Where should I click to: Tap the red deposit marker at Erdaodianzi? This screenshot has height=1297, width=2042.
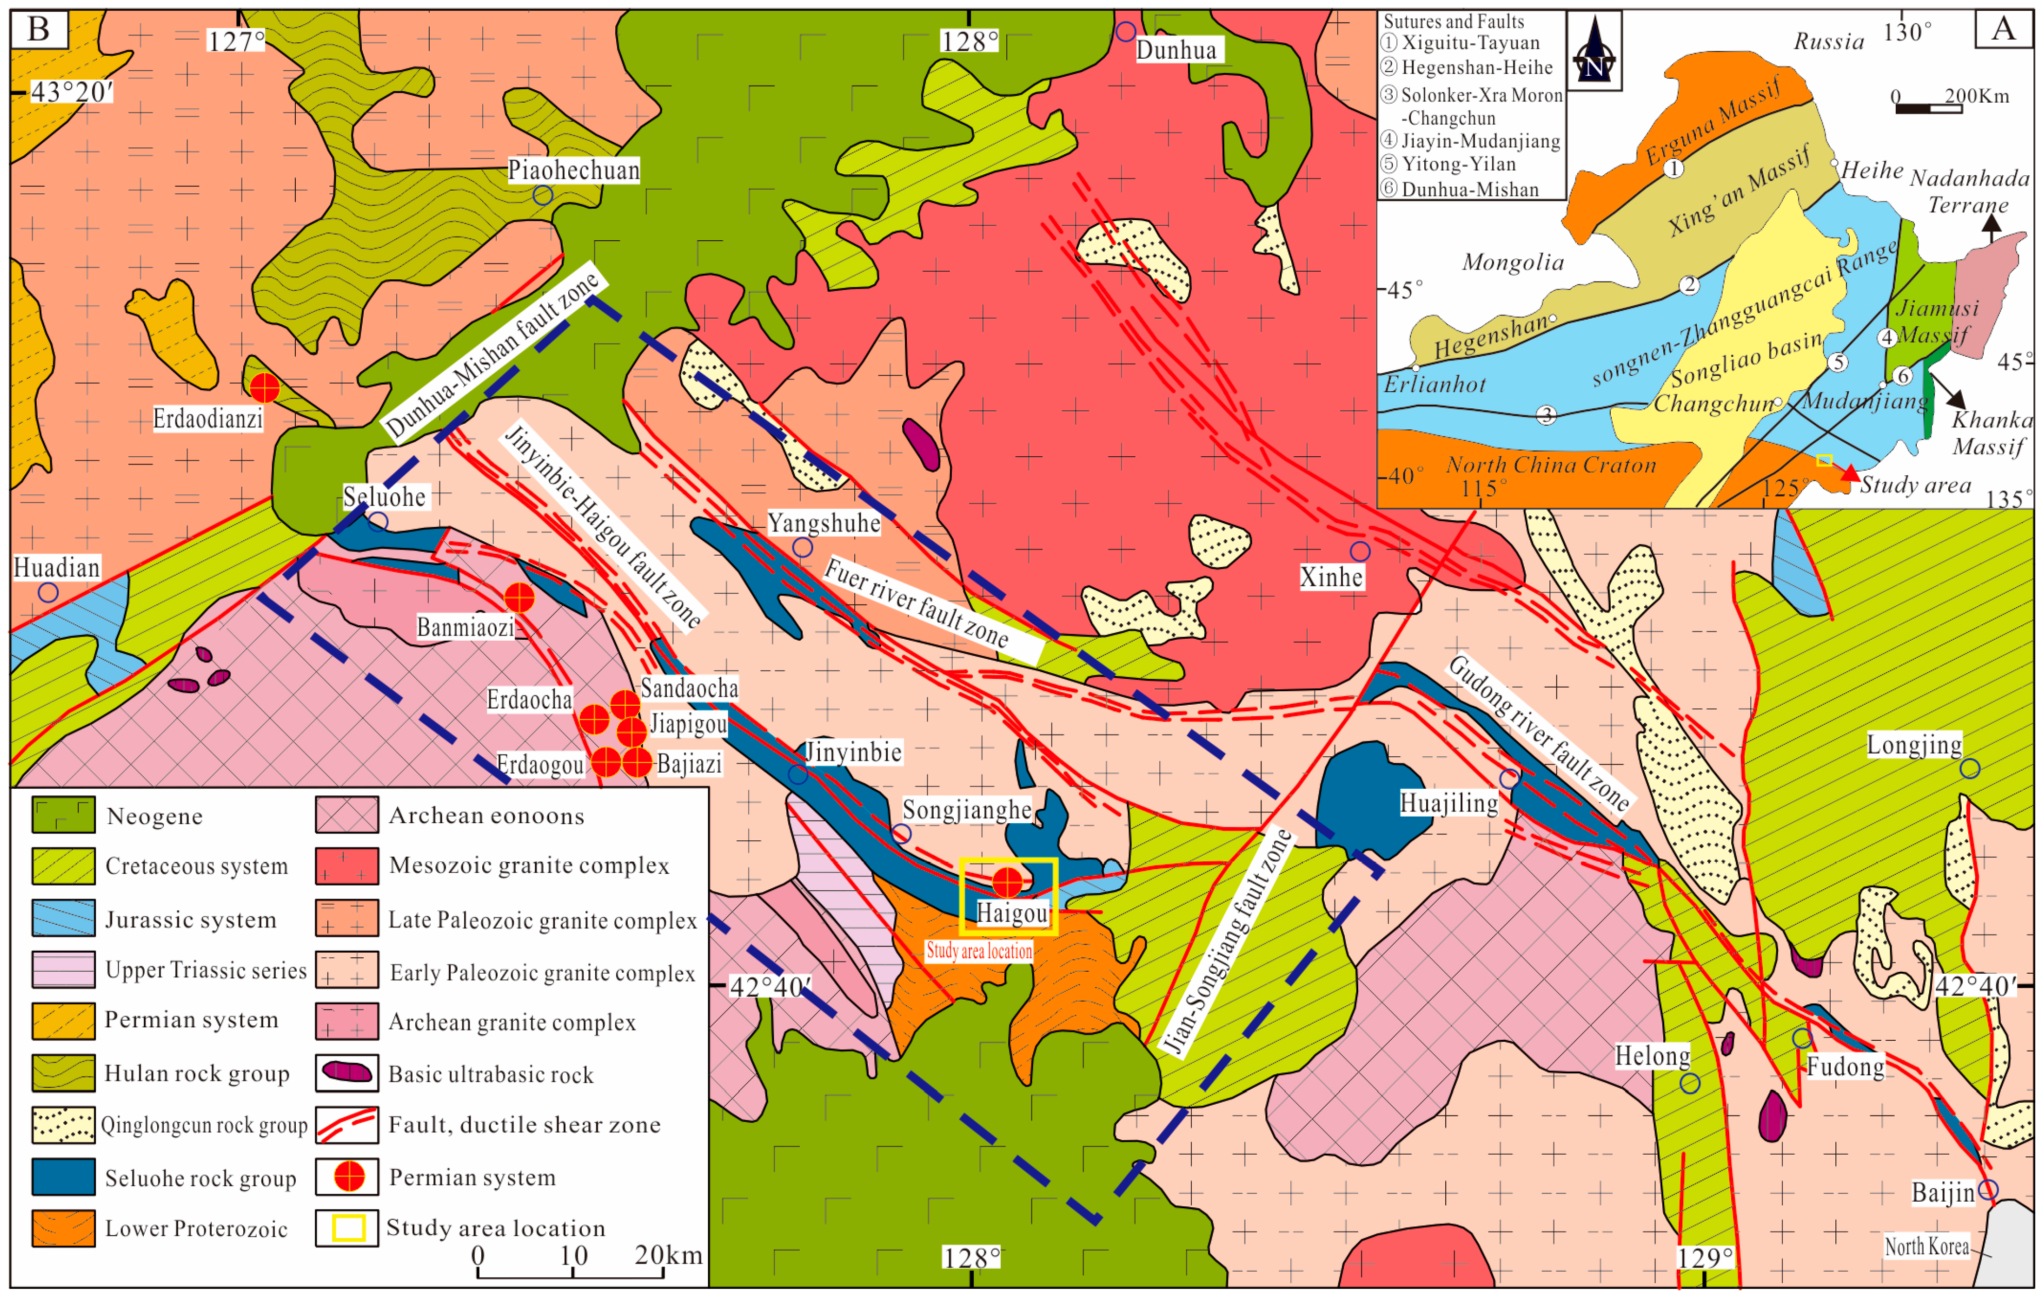pos(264,388)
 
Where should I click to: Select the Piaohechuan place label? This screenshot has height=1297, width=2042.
pos(573,171)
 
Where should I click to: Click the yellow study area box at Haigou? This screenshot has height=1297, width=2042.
pos(1008,896)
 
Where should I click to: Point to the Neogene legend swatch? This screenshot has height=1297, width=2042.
pos(63,814)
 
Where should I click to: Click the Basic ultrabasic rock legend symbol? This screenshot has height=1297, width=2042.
pos(347,1073)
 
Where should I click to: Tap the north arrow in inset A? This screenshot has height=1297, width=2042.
pos(1594,51)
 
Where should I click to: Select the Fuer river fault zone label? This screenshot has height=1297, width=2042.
pos(916,604)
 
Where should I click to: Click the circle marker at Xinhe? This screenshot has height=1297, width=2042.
pos(1359,552)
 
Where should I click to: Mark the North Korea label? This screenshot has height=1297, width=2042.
pos(1926,1246)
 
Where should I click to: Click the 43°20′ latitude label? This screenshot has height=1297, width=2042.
pos(71,92)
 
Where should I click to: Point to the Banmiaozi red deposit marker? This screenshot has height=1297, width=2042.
pos(519,597)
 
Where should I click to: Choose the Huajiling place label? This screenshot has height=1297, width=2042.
pos(1448,803)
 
